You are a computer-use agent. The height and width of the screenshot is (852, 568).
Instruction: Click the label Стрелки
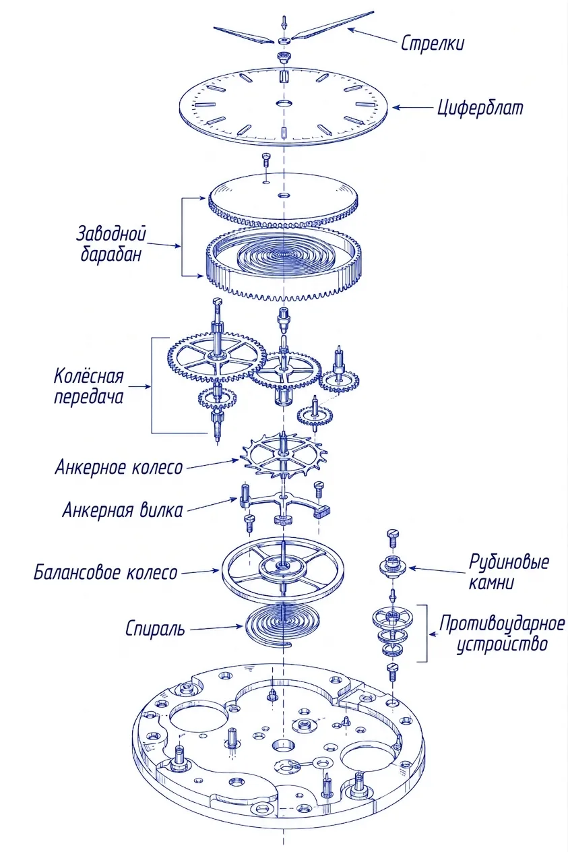[x=433, y=43]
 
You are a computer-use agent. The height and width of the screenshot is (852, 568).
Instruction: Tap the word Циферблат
[x=480, y=108]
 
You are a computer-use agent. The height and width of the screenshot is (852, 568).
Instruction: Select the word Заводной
[x=111, y=233]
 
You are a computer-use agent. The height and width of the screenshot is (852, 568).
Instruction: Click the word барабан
[x=111, y=253]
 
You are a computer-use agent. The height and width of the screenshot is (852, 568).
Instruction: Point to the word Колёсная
[x=89, y=376]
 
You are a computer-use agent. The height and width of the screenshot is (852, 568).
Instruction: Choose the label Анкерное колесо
[x=119, y=466]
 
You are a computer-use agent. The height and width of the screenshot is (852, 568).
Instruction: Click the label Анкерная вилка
[x=123, y=510]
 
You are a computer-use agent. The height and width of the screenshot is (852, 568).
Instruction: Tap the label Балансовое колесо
[x=106, y=572]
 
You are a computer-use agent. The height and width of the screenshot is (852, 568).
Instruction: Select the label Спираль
[x=155, y=629]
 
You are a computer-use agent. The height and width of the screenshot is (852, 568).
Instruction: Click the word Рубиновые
[x=509, y=561]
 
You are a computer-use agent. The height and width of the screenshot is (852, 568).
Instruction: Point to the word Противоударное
[x=502, y=624]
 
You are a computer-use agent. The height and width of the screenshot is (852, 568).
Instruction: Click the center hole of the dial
[x=284, y=103]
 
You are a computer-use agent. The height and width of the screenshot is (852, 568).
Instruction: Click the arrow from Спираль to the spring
[x=216, y=628]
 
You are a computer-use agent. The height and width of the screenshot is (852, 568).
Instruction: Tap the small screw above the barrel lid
[x=265, y=159]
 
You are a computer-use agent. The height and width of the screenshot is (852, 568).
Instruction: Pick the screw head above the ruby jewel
[x=392, y=533]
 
